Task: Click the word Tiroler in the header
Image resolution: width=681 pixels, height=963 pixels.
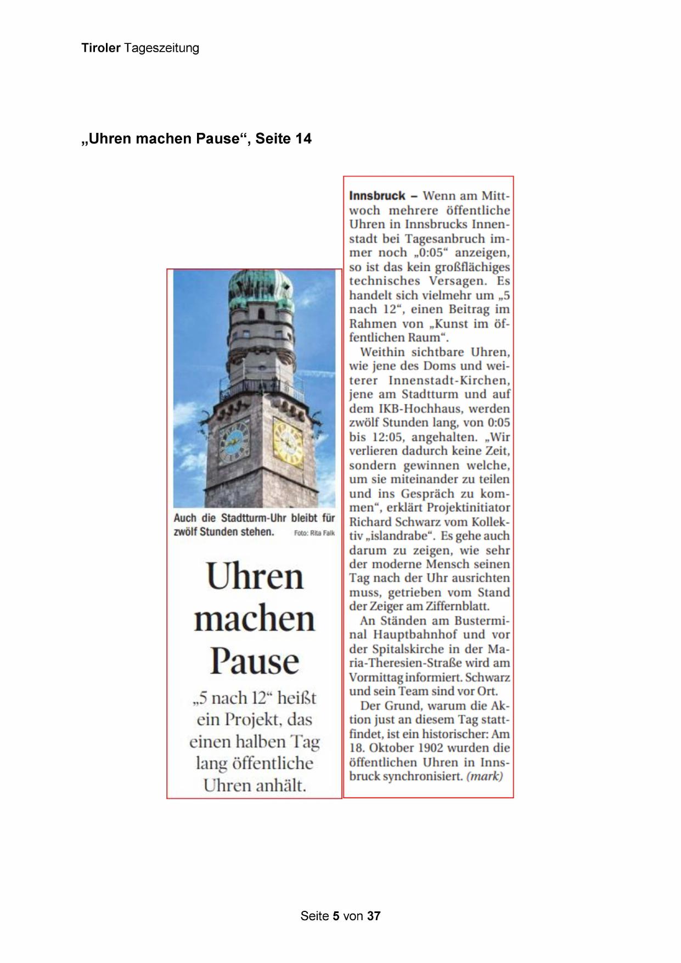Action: point(100,48)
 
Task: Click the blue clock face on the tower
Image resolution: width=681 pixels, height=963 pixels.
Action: point(234,441)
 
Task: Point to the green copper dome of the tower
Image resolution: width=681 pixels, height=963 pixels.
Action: point(261,289)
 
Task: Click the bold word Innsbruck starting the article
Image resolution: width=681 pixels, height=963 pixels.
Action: point(377,196)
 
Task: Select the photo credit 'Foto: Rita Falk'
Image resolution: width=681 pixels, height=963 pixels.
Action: point(314,533)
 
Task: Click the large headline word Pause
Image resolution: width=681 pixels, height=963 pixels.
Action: point(254,661)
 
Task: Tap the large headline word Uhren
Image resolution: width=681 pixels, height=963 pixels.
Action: point(255,576)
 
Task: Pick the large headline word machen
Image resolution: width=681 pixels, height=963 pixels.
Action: point(254,619)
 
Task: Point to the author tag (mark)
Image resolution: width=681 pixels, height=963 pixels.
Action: point(484,776)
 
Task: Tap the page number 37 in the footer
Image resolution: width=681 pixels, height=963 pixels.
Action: point(374,916)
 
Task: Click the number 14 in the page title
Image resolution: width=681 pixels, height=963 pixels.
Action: point(303,139)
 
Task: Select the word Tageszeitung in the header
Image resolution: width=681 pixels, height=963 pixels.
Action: point(161,48)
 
